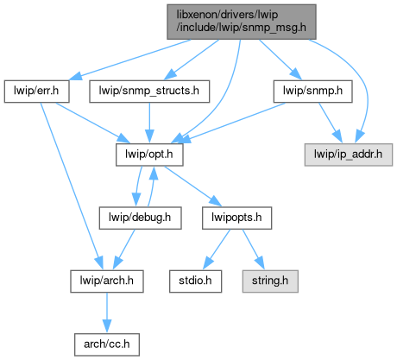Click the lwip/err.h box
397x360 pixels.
(x=36, y=92)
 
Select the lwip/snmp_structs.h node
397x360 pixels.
(x=149, y=92)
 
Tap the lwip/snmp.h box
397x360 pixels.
(x=312, y=92)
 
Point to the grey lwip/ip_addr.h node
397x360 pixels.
(x=349, y=155)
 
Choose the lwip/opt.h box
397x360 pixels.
(x=149, y=155)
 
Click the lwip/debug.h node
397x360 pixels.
(x=140, y=218)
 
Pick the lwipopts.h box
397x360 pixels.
(x=236, y=218)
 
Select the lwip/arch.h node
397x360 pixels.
(x=107, y=281)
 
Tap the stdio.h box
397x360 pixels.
(x=195, y=281)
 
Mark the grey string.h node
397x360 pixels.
(x=270, y=281)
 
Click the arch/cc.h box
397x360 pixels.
(x=107, y=344)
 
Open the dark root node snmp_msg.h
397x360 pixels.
(x=242, y=22)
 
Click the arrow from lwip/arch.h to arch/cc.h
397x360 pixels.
(x=107, y=313)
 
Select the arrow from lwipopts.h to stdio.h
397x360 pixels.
(x=217, y=249)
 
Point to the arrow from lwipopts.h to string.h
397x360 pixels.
(x=253, y=249)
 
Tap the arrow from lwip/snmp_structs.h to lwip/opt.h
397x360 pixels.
(x=149, y=123)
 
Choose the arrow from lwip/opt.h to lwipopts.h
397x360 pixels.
(x=192, y=186)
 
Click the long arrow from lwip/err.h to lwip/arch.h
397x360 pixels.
(x=71, y=186)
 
